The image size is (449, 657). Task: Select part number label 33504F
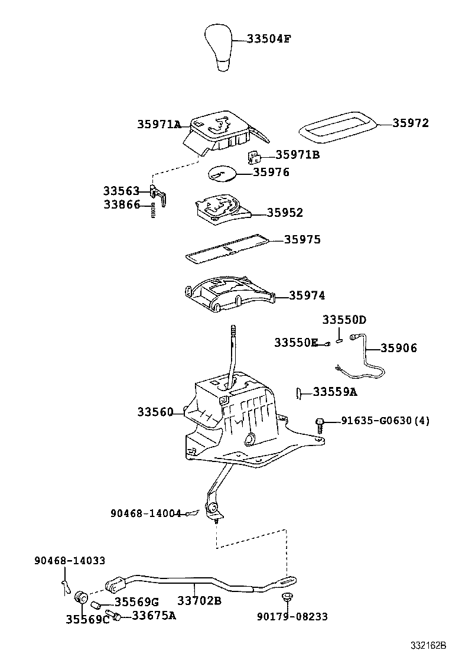pos(269,40)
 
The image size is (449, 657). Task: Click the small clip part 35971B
pos(253,157)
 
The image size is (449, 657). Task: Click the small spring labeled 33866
pos(153,209)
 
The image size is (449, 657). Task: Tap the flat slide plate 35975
pos(227,249)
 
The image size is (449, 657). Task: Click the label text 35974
pos(307,295)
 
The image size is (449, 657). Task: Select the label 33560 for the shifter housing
pos(155,411)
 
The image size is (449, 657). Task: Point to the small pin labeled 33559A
pos(300,393)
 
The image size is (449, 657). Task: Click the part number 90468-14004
pos(145,513)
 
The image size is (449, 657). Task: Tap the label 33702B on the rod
pos(199,601)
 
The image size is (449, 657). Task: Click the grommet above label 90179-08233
pos(288,597)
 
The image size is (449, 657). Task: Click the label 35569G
pos(136,601)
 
